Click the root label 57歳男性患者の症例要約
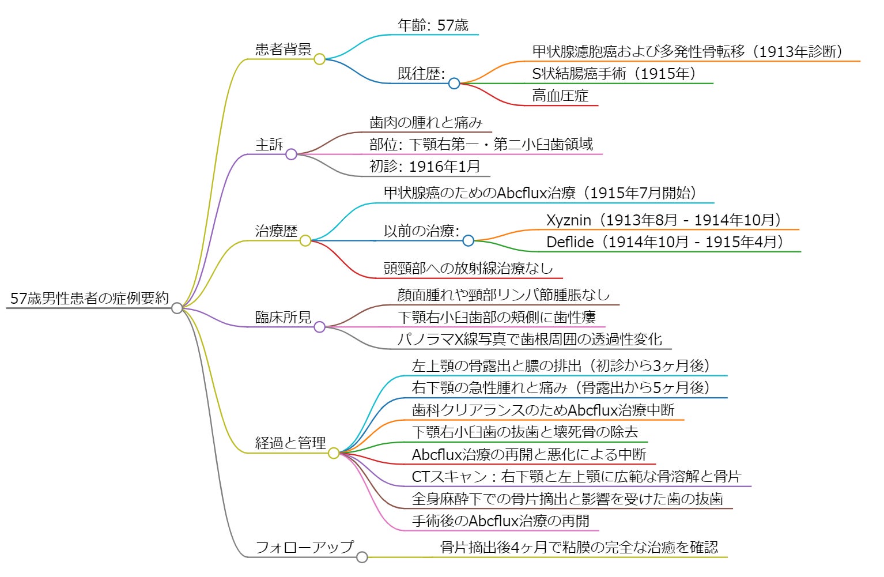[x=89, y=298]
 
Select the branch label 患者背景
[x=283, y=49]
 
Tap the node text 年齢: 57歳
[x=433, y=25]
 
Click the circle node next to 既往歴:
[x=454, y=84]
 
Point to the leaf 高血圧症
[x=560, y=96]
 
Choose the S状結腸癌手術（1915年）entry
[x=613, y=74]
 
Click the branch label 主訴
[x=269, y=144]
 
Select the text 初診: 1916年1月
[x=425, y=167]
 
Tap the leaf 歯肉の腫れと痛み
[x=425, y=122]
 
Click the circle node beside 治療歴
[x=305, y=240]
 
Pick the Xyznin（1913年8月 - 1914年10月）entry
[x=663, y=220]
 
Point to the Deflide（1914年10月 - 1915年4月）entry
[x=664, y=242]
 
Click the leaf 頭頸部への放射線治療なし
[x=468, y=268]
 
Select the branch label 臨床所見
[x=283, y=317]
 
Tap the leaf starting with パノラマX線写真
[x=529, y=339]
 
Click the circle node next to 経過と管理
[x=334, y=453]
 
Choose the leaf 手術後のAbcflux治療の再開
[x=500, y=521]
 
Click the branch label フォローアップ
[x=304, y=547]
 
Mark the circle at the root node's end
[x=177, y=308]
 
